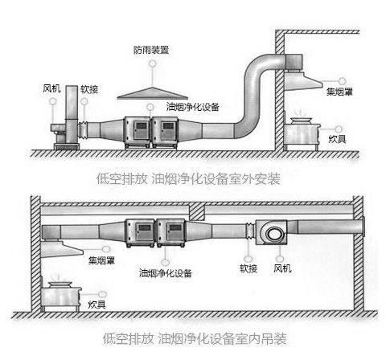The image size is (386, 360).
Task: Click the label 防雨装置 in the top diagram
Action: pos(151,50)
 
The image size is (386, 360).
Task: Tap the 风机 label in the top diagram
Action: pos(51,88)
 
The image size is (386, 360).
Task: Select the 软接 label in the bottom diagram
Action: pos(248,268)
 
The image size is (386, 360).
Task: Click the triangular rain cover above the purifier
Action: pos(153,94)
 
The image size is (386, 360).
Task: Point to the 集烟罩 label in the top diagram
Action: pos(339,92)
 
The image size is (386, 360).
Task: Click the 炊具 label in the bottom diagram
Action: pos(97,305)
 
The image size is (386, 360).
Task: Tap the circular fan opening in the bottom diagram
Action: pos(274,235)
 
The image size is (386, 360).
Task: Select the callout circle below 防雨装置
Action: pos(153,63)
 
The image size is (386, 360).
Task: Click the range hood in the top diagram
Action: pos(303,80)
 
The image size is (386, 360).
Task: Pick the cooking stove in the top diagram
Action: pos(302,133)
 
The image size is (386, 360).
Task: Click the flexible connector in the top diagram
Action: pos(84,130)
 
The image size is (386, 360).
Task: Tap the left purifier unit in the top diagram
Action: pos(138,133)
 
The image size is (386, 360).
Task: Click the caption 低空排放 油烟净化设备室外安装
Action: pos(188,178)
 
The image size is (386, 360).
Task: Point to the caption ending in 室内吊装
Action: pos(195,338)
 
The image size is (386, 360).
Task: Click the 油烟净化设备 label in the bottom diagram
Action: pos(166,273)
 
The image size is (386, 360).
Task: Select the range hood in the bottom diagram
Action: pos(62,249)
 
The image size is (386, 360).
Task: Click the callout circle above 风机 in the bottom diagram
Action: pos(280,259)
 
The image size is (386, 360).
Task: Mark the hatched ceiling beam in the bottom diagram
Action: pos(197,211)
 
